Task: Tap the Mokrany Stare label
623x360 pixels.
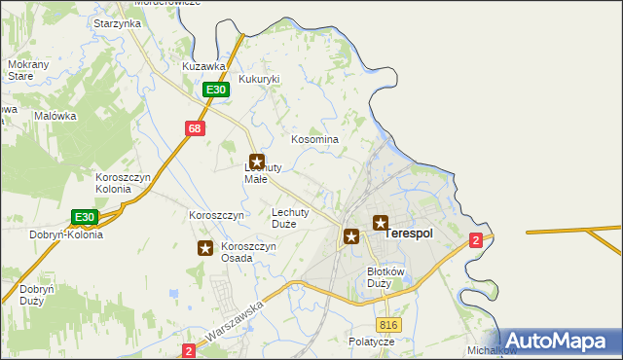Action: pyautogui.click(x=21, y=69)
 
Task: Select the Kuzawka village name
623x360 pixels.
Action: pyautogui.click(x=204, y=66)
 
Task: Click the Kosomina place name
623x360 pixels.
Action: pyautogui.click(x=315, y=139)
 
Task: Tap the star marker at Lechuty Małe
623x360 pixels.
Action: pyautogui.click(x=257, y=162)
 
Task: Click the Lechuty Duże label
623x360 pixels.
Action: pyautogui.click(x=290, y=217)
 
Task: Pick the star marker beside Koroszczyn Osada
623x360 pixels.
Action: pyautogui.click(x=205, y=248)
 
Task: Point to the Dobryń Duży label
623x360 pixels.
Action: pyautogui.click(x=35, y=295)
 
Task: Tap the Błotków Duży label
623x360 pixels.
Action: pyautogui.click(x=385, y=276)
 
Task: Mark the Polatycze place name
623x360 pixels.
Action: pyautogui.click(x=372, y=342)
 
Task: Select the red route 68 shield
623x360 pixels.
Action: pyautogui.click(x=195, y=128)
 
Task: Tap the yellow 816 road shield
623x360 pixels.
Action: pyautogui.click(x=389, y=325)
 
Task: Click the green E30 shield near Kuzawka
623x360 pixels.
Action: pyautogui.click(x=216, y=90)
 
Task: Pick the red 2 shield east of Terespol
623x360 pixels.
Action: pyautogui.click(x=475, y=240)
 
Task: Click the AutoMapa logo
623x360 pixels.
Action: pyautogui.click(x=556, y=340)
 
